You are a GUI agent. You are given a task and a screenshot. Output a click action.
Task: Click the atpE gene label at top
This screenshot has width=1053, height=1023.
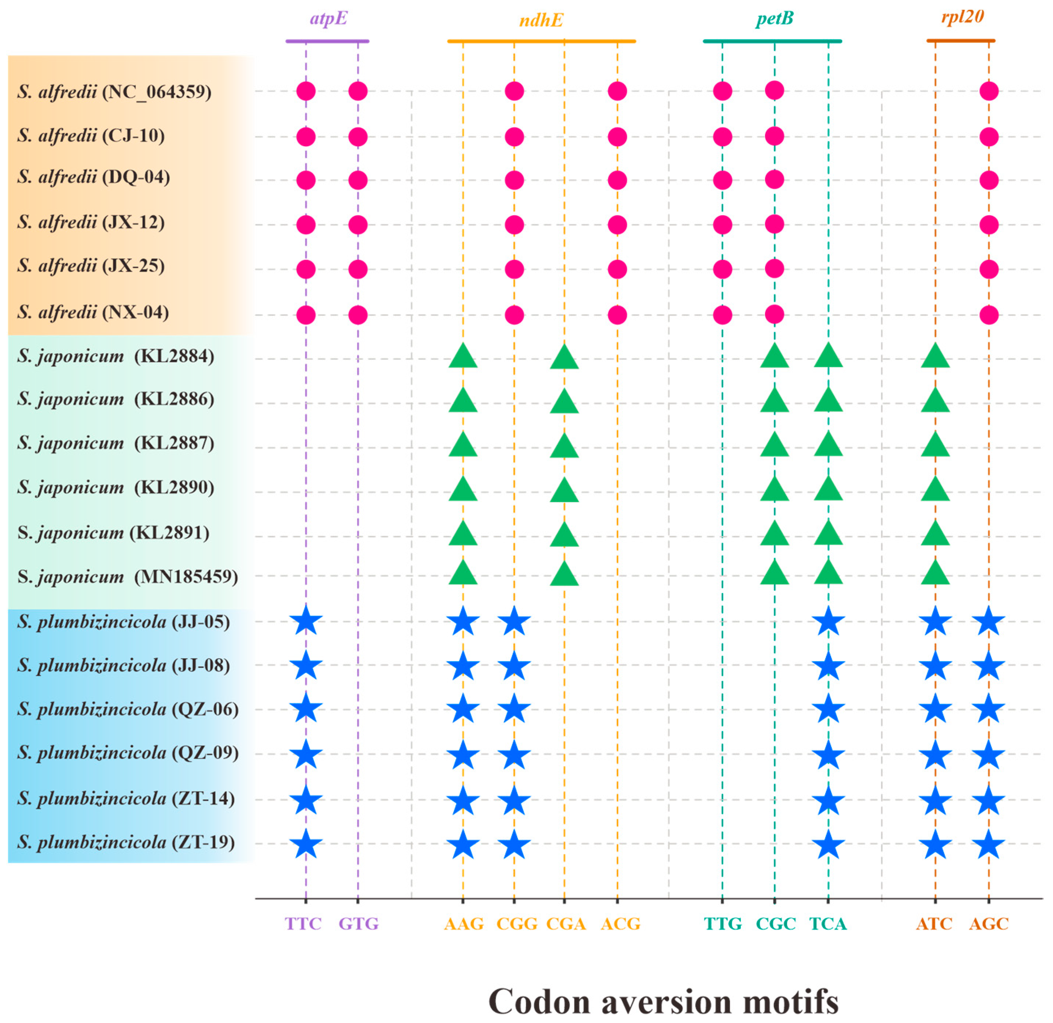pyautogui.click(x=328, y=19)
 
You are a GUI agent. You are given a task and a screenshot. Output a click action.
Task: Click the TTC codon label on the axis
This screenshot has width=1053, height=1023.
pyautogui.click(x=303, y=924)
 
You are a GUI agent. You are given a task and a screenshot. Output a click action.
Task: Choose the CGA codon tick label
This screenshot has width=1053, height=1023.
pyautogui.click(x=566, y=924)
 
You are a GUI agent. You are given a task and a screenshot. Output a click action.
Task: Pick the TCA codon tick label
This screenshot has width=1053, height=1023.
pyautogui.click(x=828, y=924)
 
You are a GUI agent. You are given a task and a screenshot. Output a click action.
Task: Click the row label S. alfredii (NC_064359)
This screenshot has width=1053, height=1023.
pyautogui.click(x=114, y=92)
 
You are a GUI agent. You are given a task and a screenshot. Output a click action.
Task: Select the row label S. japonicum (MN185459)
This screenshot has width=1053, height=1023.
pyautogui.click(x=127, y=577)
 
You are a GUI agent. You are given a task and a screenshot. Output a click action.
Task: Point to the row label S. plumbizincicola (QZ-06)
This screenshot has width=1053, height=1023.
pyautogui.click(x=127, y=709)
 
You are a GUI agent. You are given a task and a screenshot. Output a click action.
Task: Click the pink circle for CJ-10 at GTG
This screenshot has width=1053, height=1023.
pyautogui.click(x=358, y=136)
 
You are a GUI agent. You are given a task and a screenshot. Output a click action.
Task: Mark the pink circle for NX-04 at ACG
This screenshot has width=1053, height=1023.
pyautogui.click(x=617, y=315)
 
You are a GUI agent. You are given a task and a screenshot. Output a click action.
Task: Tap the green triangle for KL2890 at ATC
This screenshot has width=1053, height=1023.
pyautogui.click(x=935, y=489)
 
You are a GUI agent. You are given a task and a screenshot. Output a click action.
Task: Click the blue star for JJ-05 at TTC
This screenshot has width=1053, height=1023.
pyautogui.click(x=306, y=621)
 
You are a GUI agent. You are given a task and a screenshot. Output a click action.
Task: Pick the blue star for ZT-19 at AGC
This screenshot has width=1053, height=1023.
pyautogui.click(x=988, y=844)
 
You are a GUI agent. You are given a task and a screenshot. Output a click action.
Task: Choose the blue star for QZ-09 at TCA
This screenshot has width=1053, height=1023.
pyautogui.click(x=828, y=755)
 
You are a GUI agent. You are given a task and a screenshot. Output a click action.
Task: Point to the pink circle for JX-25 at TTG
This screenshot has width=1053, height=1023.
pyautogui.click(x=723, y=269)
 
